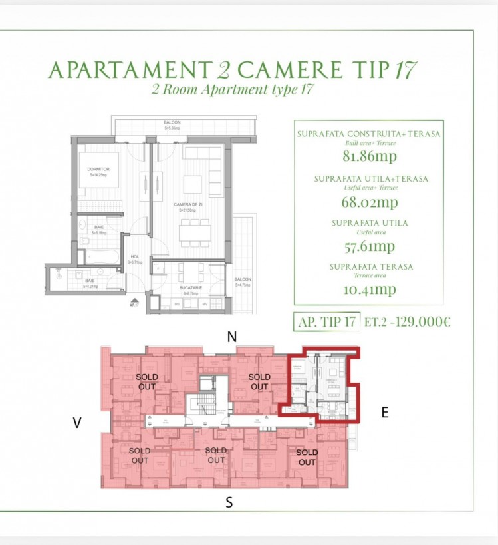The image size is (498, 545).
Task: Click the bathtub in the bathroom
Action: (100, 256)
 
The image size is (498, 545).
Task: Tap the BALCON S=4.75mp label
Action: (243, 282)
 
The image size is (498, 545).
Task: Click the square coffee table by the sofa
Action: (193, 184)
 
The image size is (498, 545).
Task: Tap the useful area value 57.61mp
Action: (370, 246)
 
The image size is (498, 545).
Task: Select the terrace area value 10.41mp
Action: (370, 289)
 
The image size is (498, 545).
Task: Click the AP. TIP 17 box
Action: (326, 322)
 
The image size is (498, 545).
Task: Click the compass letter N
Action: (231, 337)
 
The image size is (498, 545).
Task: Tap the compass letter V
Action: (77, 423)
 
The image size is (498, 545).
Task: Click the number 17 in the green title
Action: (405, 70)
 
